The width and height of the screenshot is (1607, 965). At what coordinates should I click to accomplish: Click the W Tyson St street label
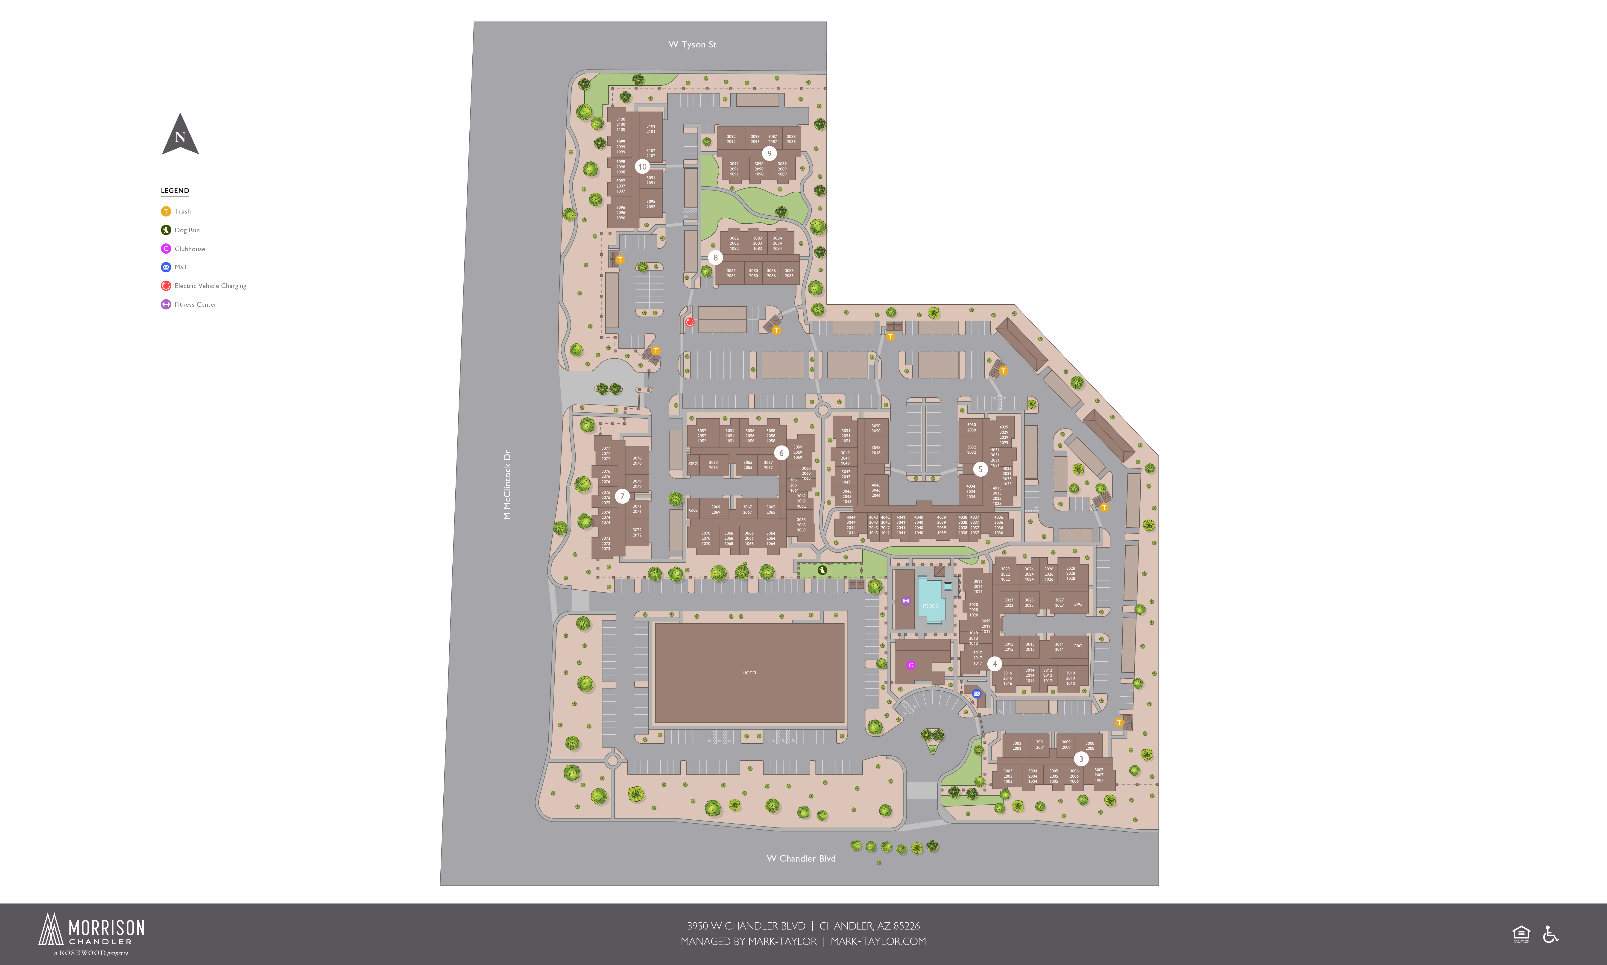[692, 44]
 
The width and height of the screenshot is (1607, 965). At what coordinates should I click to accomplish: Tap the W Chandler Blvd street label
[801, 858]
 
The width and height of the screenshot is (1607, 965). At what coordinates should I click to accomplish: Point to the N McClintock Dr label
[507, 484]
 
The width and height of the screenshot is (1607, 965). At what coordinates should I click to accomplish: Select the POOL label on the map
[932, 606]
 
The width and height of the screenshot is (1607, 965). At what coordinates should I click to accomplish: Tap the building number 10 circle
[642, 167]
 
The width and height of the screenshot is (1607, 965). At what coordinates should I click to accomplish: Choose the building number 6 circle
[782, 453]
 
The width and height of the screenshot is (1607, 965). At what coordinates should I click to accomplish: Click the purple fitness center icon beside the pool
[906, 601]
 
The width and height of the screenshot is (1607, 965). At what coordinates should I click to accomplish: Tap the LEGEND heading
[175, 191]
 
